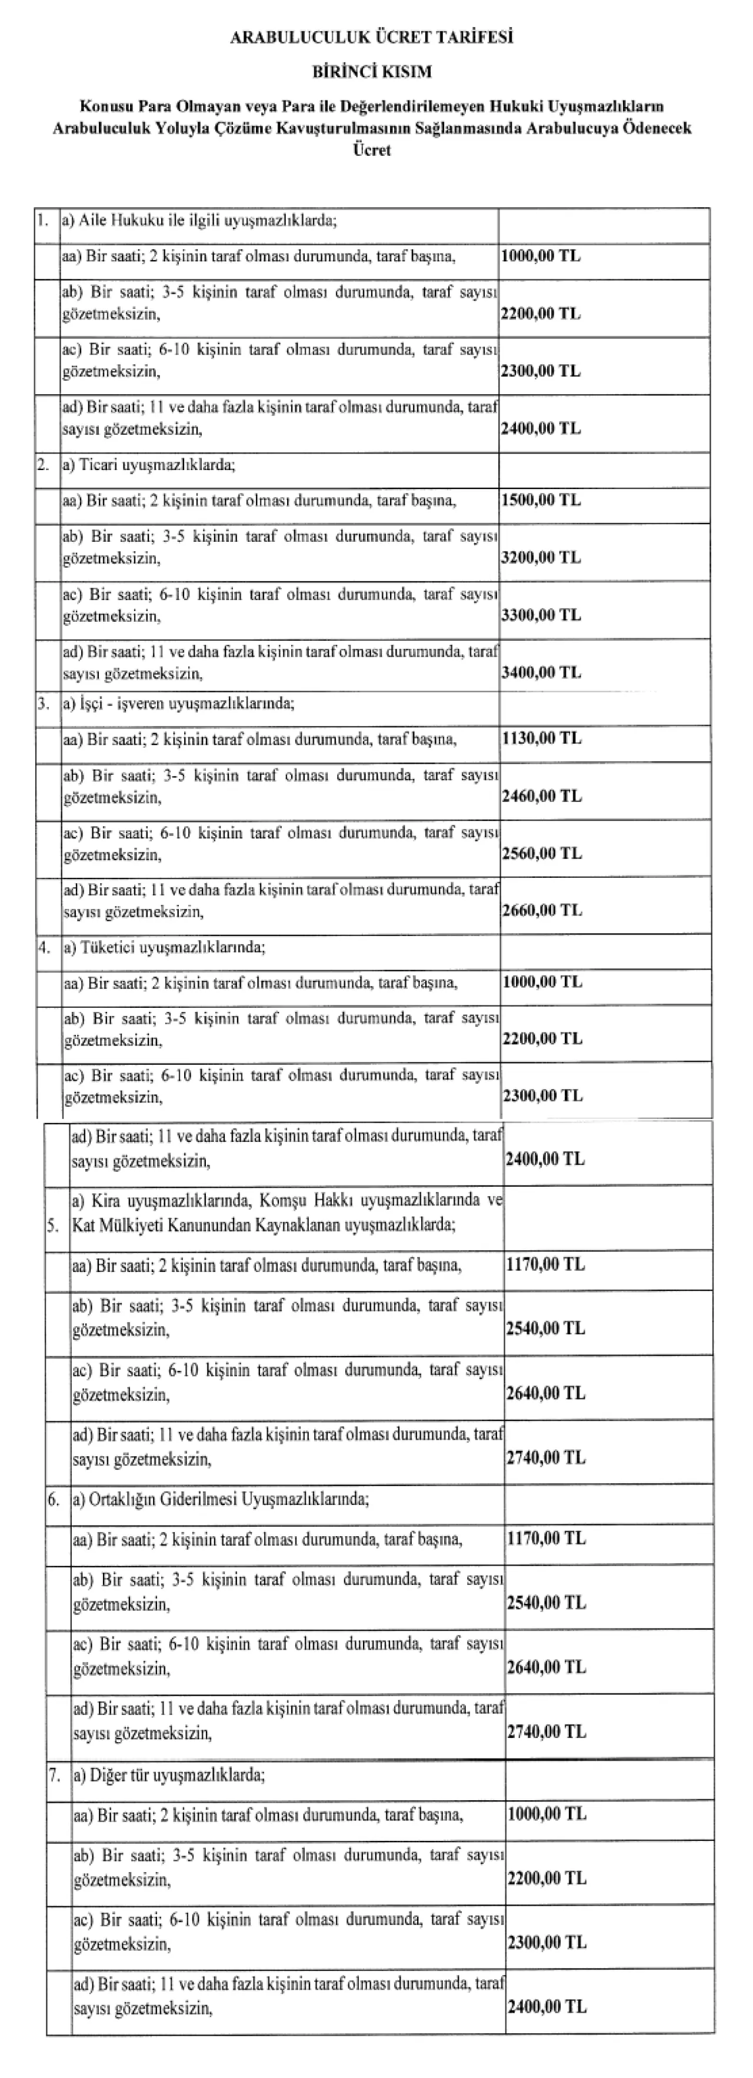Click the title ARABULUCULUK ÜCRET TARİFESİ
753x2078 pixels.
(x=372, y=38)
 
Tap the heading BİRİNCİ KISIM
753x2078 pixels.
(x=372, y=72)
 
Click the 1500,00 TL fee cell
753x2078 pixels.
(x=540, y=500)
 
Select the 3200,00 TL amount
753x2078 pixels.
(x=540, y=557)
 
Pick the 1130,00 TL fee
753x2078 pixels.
(x=541, y=738)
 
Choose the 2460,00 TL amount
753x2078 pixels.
(x=541, y=796)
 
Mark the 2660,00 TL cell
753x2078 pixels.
(x=541, y=911)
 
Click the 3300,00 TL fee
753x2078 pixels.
(x=540, y=615)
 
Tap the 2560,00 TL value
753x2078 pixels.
(x=541, y=854)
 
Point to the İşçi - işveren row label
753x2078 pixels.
(x=179, y=704)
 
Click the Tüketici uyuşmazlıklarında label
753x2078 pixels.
(x=165, y=947)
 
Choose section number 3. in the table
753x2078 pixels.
(x=44, y=704)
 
